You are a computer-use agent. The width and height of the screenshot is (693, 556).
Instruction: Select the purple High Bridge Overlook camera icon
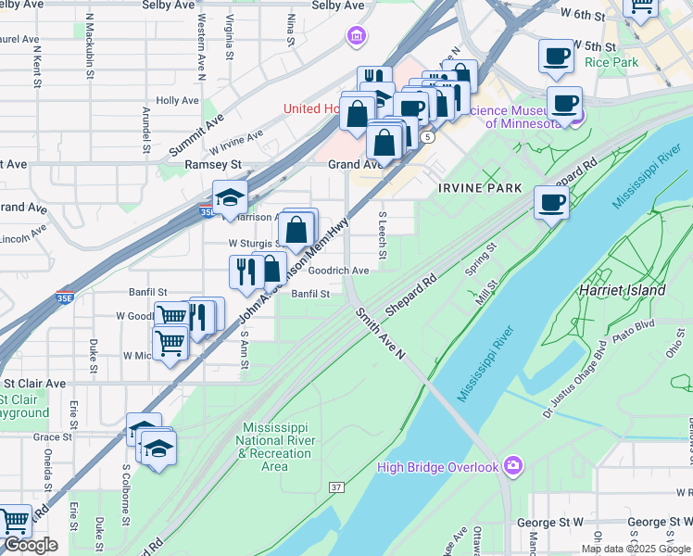(513, 466)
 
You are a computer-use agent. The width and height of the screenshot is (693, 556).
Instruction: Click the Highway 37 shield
(336, 486)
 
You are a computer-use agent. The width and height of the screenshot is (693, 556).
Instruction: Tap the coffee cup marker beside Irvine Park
(552, 201)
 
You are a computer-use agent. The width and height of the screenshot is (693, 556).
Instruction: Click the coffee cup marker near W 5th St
(556, 56)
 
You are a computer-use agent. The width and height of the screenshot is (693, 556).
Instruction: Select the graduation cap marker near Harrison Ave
(229, 196)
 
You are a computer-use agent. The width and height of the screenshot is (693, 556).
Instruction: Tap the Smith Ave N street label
(380, 335)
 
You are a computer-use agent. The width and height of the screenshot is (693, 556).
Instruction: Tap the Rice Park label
(611, 63)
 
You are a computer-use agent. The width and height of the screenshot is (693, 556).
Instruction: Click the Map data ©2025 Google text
(636, 549)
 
